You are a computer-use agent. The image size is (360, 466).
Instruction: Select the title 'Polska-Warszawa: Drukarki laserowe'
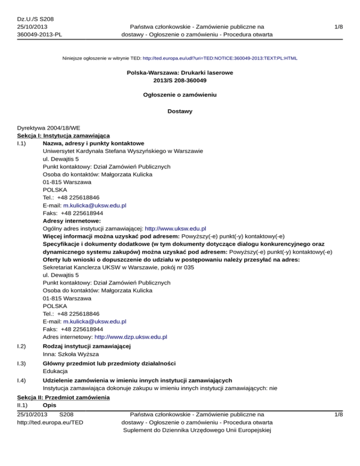(180, 73)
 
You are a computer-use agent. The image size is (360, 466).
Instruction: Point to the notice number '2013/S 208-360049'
(180, 81)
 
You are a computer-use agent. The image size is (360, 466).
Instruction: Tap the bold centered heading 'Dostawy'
(180, 112)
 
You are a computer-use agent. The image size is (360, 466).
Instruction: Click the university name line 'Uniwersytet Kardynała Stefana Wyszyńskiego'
(122, 151)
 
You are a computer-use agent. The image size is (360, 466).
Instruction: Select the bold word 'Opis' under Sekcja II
(49, 405)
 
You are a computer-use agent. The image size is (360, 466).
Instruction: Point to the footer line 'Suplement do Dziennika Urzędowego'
(193, 430)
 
